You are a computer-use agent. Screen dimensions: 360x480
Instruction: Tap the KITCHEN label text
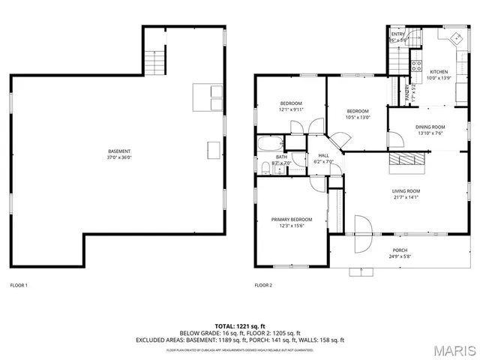[x=438, y=73]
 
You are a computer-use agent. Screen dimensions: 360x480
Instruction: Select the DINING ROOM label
[x=430, y=127]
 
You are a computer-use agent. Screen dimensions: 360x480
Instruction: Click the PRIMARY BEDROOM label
[x=292, y=219]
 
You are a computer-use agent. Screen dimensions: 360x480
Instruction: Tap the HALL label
[x=324, y=155]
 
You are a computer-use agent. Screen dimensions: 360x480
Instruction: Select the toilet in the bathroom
[x=266, y=166]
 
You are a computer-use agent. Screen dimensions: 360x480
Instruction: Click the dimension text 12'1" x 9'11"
[x=291, y=109]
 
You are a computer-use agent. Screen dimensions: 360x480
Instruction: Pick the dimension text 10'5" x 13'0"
[x=358, y=116]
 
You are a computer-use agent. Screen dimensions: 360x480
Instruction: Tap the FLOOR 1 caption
[x=19, y=285]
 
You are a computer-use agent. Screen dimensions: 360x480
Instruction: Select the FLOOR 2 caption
[x=263, y=285]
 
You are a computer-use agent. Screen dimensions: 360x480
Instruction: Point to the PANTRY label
[x=407, y=92]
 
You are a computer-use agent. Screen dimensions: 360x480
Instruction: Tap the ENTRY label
[x=397, y=34]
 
